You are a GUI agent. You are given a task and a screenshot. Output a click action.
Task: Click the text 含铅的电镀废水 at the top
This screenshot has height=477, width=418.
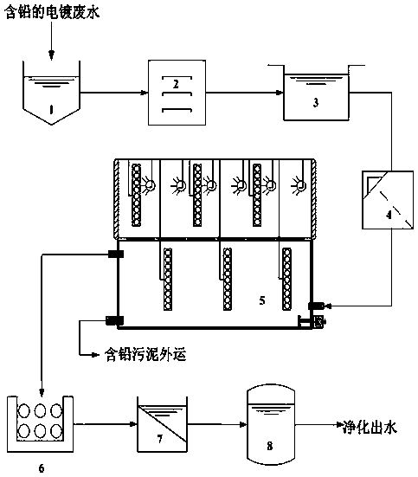coord(52,12)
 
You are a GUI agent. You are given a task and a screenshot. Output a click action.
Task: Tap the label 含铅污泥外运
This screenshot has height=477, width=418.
coord(145,354)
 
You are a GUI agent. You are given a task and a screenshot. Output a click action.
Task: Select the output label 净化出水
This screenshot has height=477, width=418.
coord(370,427)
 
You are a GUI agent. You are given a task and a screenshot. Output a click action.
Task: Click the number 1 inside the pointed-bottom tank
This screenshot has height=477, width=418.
coord(51,109)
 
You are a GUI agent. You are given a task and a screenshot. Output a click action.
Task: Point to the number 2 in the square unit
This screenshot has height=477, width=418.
coord(176,84)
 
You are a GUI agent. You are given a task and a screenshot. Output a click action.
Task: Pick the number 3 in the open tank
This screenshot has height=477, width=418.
coord(316,102)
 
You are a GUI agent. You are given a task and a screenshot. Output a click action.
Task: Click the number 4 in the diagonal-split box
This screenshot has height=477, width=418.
coord(389,215)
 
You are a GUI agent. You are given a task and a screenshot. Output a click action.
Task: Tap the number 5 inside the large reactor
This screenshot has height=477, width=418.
coord(262,300)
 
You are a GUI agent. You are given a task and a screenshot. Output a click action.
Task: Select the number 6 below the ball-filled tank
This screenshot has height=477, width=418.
coord(42,467)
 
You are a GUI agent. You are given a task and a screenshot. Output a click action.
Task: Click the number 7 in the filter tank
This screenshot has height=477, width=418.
coord(160,439)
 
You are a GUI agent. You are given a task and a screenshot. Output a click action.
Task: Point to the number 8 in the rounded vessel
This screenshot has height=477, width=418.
coord(270,446)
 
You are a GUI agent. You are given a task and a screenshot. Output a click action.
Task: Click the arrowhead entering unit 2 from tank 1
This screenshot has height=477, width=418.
coord(145,93)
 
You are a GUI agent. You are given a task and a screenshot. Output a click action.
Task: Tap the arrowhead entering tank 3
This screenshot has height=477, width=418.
coord(280,93)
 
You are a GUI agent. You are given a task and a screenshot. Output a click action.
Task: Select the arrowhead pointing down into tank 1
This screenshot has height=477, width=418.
coord(51,55)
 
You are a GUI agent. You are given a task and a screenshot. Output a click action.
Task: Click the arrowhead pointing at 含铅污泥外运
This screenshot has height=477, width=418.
coord(96,354)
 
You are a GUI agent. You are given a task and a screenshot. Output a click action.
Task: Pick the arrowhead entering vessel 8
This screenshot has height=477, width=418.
coord(244,424)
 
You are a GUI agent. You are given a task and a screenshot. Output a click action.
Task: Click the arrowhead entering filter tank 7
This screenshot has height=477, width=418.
coord(133,424)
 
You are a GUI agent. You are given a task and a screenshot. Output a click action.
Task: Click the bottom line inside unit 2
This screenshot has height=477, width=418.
coord(177,110)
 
